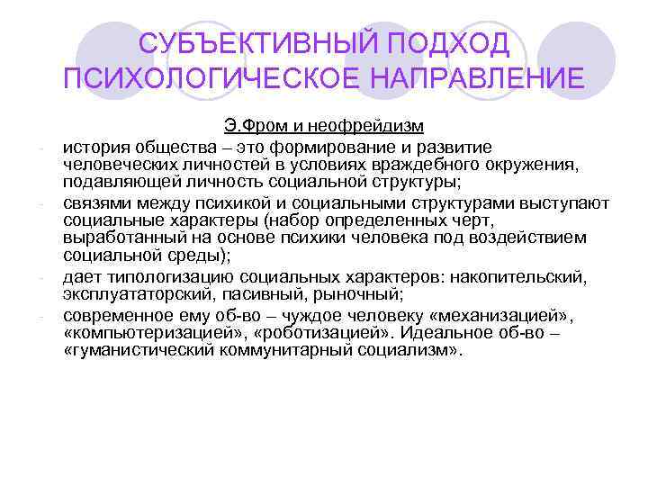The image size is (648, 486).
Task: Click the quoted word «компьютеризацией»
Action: (143, 332)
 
